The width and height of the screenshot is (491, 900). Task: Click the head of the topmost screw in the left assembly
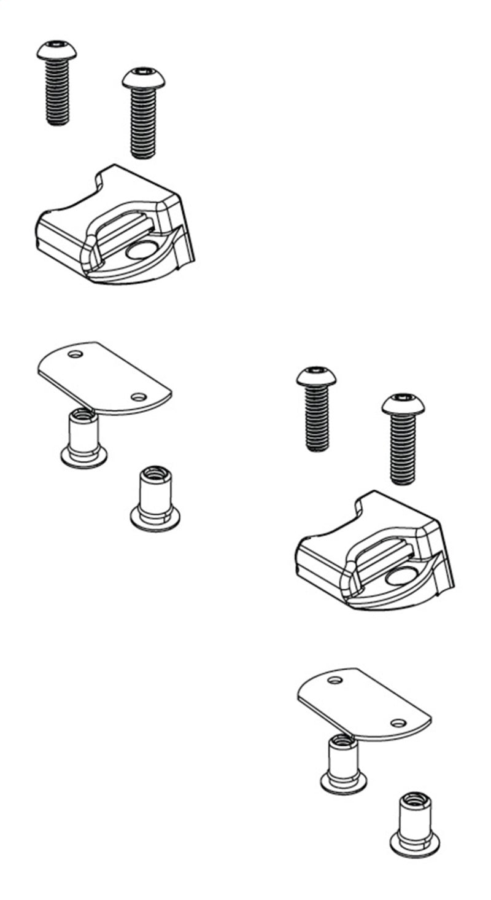coord(56,50)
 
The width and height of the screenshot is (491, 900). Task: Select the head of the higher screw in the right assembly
coord(316,376)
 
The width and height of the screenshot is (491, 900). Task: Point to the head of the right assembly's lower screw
coord(402,404)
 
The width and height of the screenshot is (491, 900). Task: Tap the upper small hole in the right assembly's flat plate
coord(334,681)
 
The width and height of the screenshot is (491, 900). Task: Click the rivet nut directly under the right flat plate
coord(343,764)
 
